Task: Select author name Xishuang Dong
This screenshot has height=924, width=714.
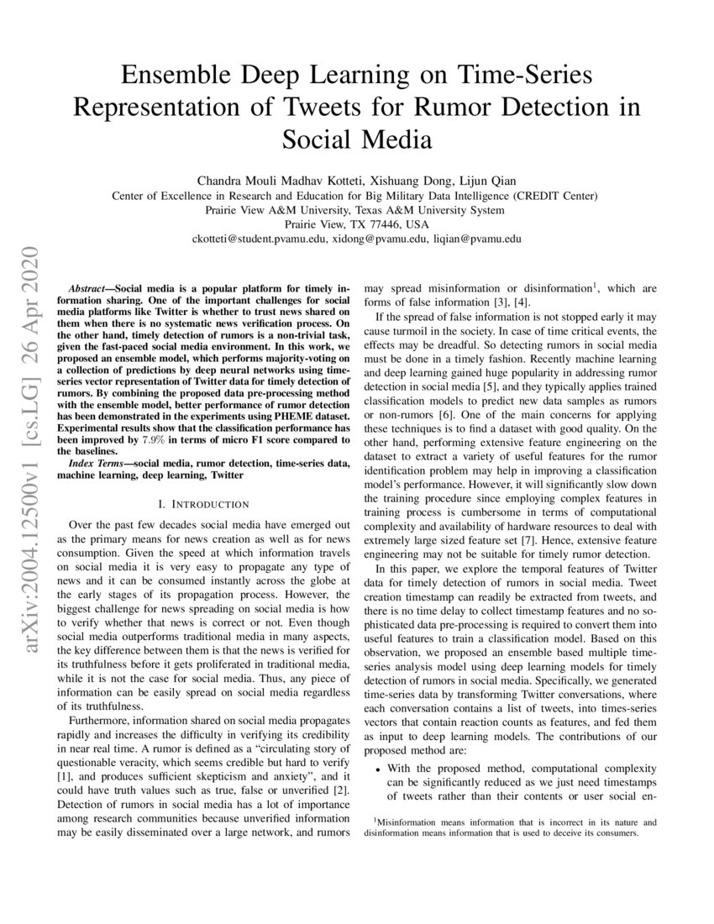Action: click(x=398, y=181)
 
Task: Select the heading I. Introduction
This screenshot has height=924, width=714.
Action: click(x=204, y=504)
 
